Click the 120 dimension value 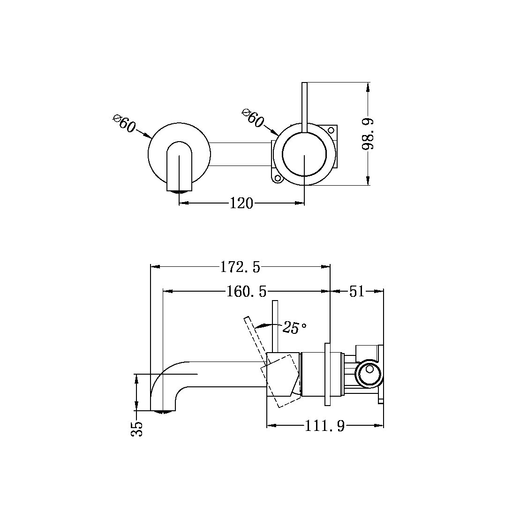[x=241, y=203]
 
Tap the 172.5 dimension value [x=240, y=267]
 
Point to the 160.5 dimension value [x=246, y=292]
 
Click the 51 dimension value [x=357, y=292]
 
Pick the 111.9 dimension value [x=325, y=426]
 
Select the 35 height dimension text [x=136, y=429]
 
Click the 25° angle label [x=294, y=328]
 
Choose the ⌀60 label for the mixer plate [x=253, y=117]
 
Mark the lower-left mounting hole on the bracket [x=277, y=178]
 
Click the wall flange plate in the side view [x=328, y=374]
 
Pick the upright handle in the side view [x=276, y=326]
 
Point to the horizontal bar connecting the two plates [x=240, y=154]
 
